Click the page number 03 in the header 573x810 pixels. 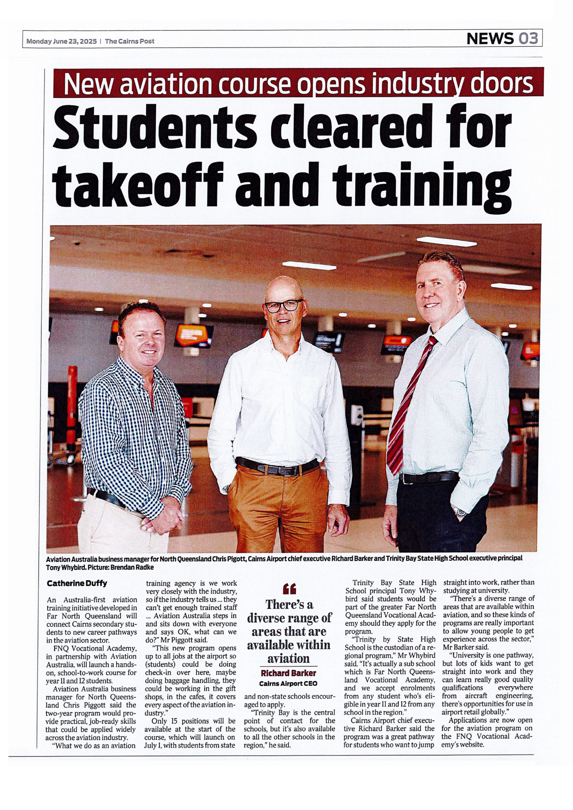coord(528,39)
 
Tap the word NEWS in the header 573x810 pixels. coord(490,39)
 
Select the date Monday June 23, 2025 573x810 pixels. coord(62,41)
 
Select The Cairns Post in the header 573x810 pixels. coord(130,41)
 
